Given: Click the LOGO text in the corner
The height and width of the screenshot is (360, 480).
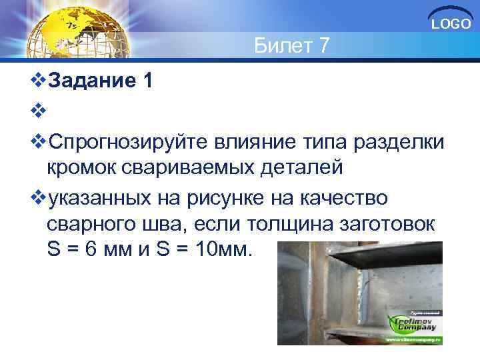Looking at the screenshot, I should click(x=452, y=25).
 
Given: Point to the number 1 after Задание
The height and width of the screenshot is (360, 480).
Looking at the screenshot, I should click(x=147, y=81).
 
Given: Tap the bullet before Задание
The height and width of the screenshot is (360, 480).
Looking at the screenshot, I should click(x=39, y=82).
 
